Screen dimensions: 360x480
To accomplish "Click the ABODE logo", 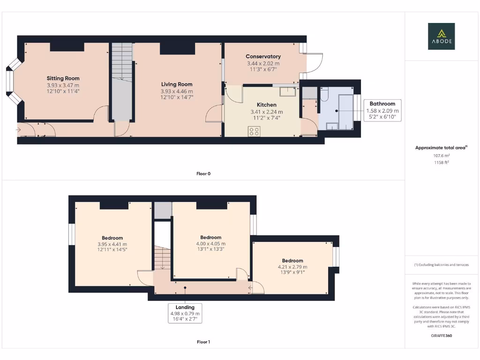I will [x=441, y=37].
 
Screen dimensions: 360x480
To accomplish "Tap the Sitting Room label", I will [x=63, y=78].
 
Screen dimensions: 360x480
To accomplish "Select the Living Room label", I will [x=176, y=84].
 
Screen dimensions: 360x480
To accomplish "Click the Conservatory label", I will [x=263, y=57].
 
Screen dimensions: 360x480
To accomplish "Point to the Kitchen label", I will [x=266, y=105].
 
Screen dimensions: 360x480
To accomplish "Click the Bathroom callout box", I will [x=382, y=111].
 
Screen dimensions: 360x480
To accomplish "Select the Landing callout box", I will [x=185, y=313].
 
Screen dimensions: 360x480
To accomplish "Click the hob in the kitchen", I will [x=254, y=132].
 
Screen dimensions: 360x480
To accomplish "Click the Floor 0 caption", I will [x=203, y=174].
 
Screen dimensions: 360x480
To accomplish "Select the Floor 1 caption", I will [x=203, y=342].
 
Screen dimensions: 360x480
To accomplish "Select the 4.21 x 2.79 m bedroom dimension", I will [x=292, y=267].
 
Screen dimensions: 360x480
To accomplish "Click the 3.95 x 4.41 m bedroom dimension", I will [x=112, y=244].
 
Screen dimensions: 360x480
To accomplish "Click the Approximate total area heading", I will [x=441, y=148].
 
